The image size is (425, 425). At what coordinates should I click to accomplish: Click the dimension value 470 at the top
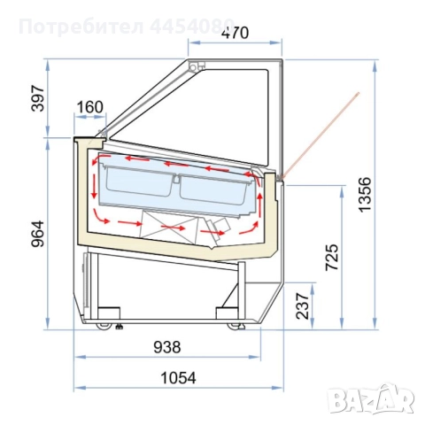235,34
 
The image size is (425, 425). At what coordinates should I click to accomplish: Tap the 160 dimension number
89,108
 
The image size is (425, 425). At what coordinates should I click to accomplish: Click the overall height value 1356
390,193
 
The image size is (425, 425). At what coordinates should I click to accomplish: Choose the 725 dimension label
329,257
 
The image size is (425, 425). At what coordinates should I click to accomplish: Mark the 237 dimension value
300,305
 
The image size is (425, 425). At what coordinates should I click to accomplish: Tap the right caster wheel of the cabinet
236,327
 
